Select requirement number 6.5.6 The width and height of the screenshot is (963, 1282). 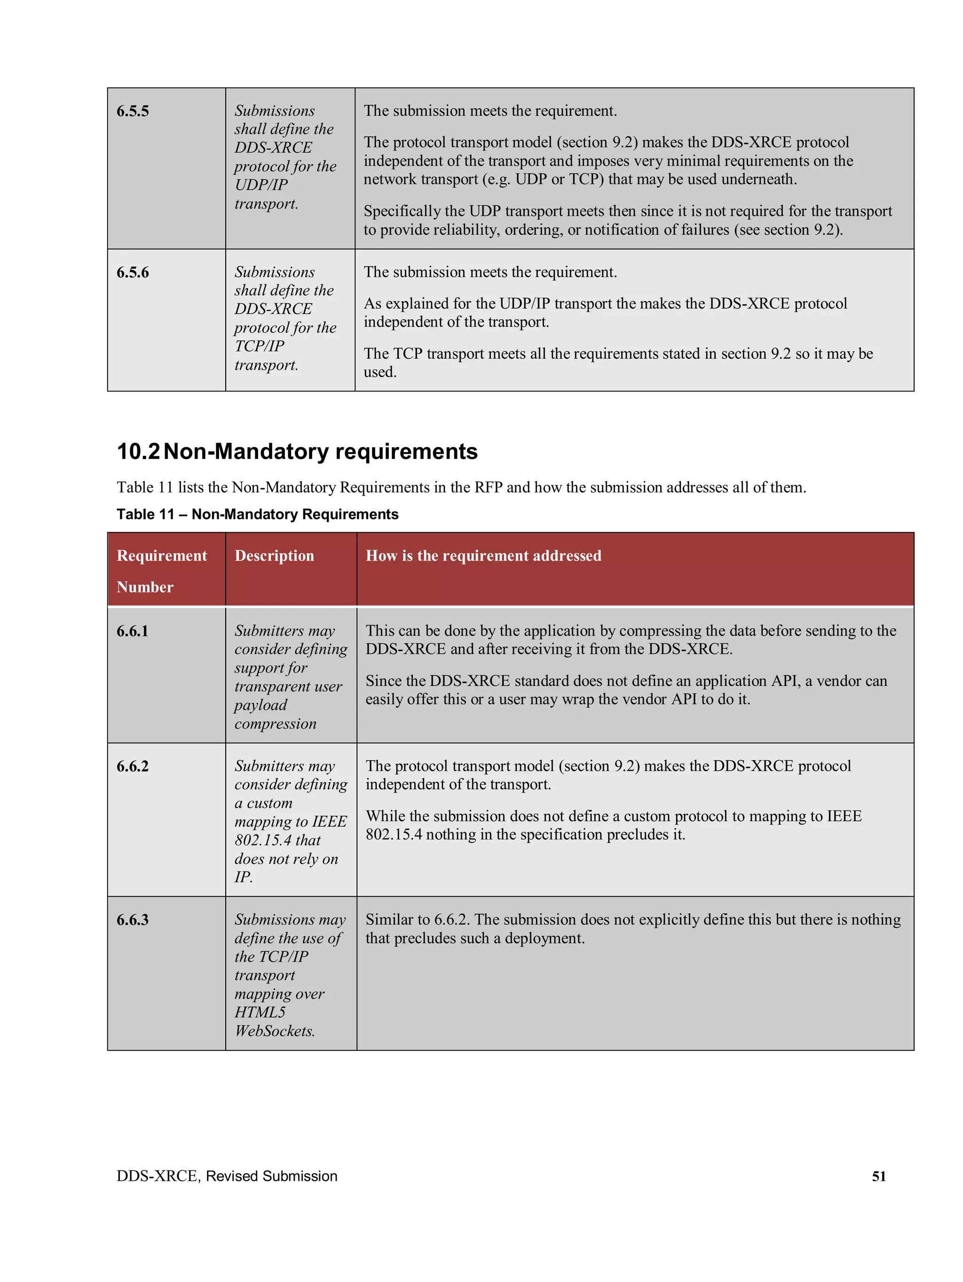click(x=133, y=272)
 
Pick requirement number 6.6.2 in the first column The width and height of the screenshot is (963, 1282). click(x=133, y=766)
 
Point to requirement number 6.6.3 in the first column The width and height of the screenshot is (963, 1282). click(x=133, y=920)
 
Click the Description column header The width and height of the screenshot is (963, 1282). click(x=274, y=555)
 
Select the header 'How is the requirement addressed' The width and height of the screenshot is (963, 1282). click(x=483, y=555)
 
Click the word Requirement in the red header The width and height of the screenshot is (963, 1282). click(x=162, y=555)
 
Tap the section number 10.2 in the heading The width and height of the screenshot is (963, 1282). click(x=138, y=452)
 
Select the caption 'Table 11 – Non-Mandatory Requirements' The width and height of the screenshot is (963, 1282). click(x=257, y=514)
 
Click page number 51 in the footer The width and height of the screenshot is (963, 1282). click(x=878, y=1176)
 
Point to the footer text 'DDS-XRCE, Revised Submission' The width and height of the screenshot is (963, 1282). click(x=227, y=1176)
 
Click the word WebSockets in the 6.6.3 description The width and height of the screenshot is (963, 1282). click(x=274, y=1031)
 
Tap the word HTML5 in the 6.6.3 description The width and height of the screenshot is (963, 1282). click(x=260, y=1012)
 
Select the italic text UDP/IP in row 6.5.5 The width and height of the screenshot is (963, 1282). click(x=261, y=185)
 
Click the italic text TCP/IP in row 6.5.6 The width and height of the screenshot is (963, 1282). click(x=259, y=346)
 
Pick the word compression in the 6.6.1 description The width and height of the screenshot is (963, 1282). click(x=275, y=724)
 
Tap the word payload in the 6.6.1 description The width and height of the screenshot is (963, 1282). click(x=261, y=705)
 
